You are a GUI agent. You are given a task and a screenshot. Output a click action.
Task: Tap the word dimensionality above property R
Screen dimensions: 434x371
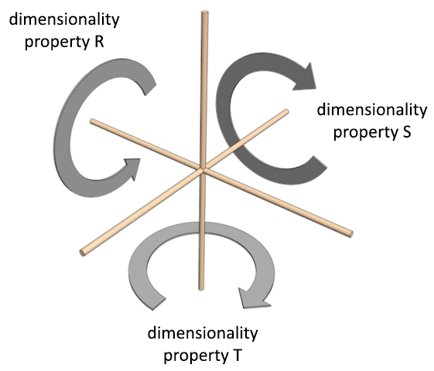64,20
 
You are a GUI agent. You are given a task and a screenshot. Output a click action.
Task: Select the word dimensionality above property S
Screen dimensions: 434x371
372,110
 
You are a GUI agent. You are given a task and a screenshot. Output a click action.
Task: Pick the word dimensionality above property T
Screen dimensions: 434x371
203,333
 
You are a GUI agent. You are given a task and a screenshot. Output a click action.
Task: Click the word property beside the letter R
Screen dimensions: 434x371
56,43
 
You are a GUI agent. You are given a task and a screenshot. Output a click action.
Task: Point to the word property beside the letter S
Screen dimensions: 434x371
364,133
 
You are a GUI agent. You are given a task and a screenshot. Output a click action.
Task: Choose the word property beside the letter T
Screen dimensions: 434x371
195,356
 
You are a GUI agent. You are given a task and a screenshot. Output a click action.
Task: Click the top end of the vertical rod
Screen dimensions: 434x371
205,12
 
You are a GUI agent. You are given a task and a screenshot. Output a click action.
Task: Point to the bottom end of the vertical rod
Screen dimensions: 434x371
201,288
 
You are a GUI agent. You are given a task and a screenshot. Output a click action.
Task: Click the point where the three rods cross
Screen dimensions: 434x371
203,168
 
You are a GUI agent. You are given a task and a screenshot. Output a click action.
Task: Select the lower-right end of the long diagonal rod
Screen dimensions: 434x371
350,234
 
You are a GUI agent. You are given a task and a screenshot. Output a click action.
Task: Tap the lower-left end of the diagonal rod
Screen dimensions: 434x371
83,253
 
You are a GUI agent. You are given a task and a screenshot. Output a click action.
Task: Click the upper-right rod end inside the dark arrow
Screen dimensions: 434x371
286,111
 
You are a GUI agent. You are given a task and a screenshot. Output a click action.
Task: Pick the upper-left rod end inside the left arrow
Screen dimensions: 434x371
92,121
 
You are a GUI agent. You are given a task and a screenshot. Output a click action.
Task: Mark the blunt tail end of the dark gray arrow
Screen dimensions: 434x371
320,162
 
